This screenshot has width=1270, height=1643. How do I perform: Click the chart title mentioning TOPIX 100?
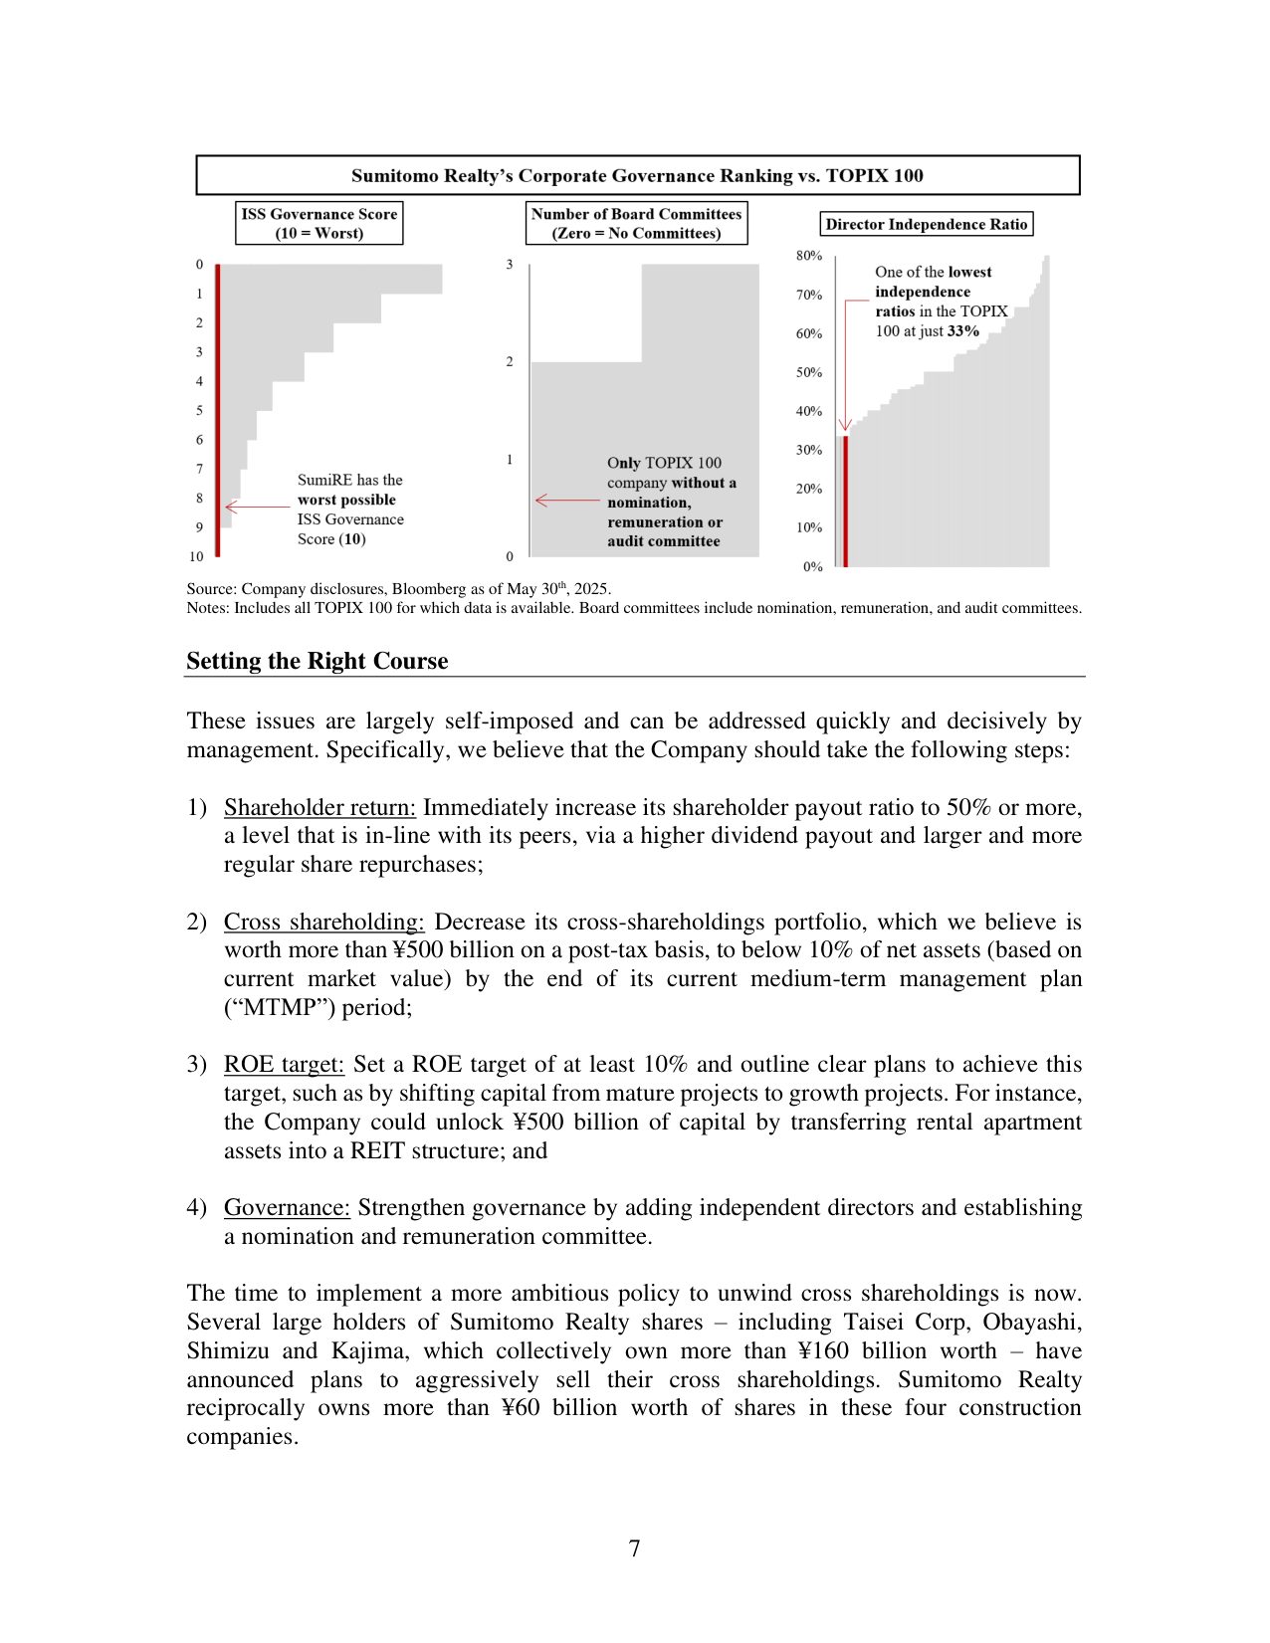637,176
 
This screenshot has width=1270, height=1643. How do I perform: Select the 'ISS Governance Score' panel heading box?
318,223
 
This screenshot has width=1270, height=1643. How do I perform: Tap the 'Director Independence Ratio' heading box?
926,224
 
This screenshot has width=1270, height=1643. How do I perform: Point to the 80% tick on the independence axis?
808,256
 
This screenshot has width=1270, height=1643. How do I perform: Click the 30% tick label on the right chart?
808,450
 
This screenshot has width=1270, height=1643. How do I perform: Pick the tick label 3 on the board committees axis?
510,265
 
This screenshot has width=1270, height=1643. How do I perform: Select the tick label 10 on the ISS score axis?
196,556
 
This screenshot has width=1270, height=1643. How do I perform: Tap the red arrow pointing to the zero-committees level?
566,500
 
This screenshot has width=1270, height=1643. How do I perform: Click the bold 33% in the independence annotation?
962,331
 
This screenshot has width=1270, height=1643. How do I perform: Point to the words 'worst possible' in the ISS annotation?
346,500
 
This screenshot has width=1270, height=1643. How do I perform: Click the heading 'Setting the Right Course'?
317,661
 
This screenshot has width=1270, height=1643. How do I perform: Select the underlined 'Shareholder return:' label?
319,807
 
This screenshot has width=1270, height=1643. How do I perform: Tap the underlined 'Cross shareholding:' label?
323,922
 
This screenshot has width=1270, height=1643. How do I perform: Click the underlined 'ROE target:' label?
284,1064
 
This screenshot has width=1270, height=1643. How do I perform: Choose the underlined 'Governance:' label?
287,1207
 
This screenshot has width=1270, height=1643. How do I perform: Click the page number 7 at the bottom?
634,1548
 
